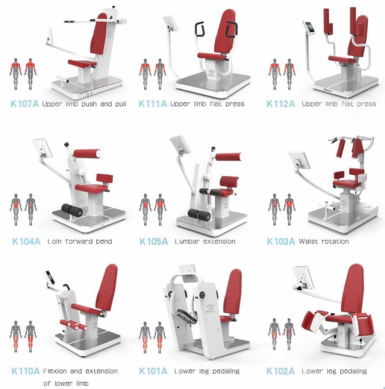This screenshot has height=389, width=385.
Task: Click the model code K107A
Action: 25,104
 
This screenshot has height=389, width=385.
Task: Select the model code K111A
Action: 153,104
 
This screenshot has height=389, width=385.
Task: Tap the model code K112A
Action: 281,104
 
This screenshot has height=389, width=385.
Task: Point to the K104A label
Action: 26,241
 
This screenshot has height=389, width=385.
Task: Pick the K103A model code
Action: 281,241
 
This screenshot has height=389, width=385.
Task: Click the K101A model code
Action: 153,371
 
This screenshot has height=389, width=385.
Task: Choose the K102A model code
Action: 281,371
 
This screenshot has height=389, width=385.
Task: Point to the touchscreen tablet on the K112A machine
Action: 309,27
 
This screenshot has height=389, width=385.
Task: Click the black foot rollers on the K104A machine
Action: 72,210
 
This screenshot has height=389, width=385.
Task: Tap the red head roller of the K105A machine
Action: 229,157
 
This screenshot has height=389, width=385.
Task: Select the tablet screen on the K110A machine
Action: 50,277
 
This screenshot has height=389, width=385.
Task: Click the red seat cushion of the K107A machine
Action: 82,63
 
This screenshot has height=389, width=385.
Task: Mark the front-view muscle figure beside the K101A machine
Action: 145,337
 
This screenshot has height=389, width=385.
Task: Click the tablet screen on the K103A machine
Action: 300,160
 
